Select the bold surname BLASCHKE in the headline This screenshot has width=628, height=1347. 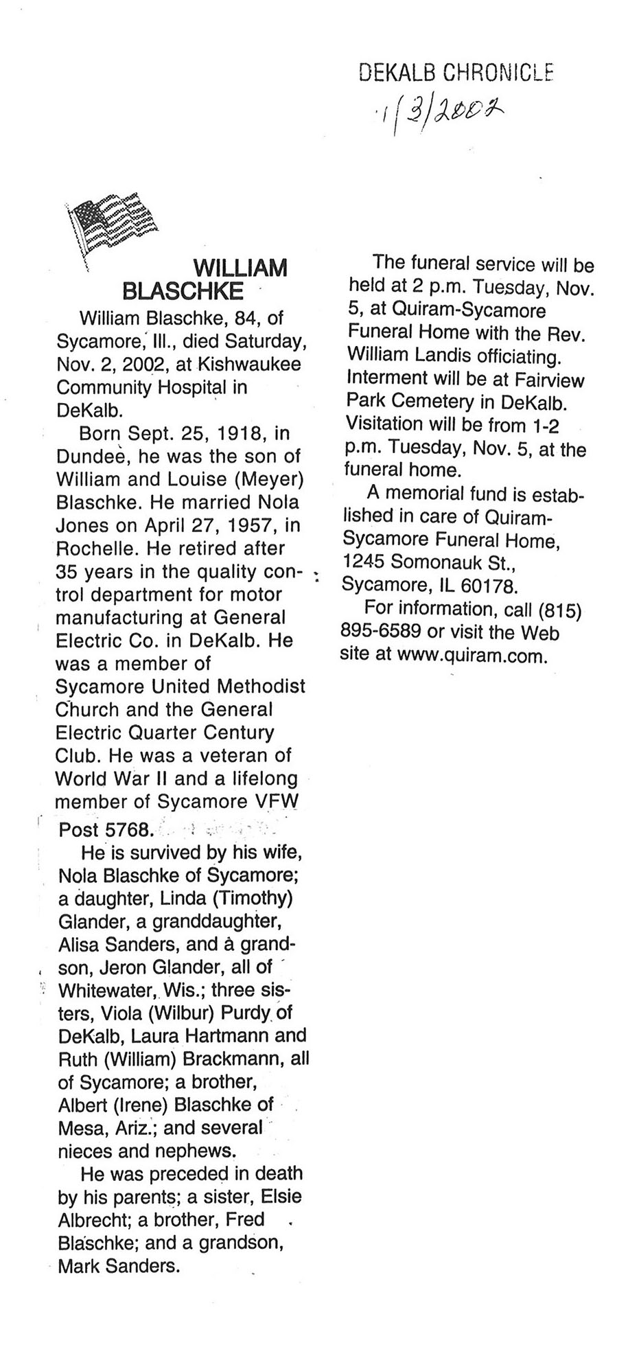(x=183, y=291)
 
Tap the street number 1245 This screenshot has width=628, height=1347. (x=364, y=562)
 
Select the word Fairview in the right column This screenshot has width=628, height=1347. (x=545, y=380)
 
